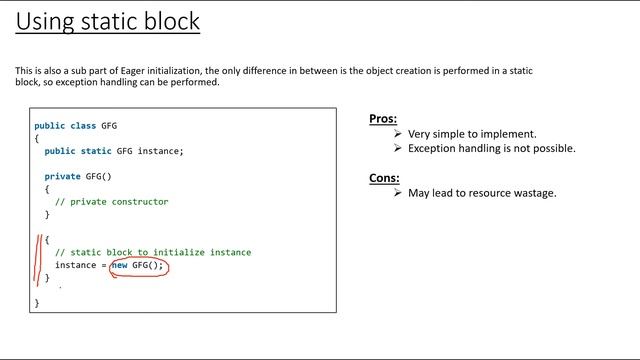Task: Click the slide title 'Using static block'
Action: click(x=108, y=21)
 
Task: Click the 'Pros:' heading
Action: click(x=383, y=119)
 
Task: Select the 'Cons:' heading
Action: click(x=385, y=178)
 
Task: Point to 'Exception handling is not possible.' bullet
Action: click(x=491, y=148)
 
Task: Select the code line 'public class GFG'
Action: click(x=75, y=126)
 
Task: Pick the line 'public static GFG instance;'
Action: click(x=114, y=151)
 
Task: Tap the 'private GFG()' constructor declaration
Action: click(x=78, y=176)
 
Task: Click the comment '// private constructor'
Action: click(x=111, y=202)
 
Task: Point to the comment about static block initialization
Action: click(x=153, y=252)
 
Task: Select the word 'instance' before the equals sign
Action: click(x=75, y=265)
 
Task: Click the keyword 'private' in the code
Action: click(x=62, y=176)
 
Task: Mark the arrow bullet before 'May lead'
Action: click(x=398, y=193)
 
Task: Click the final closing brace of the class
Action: click(x=37, y=302)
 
